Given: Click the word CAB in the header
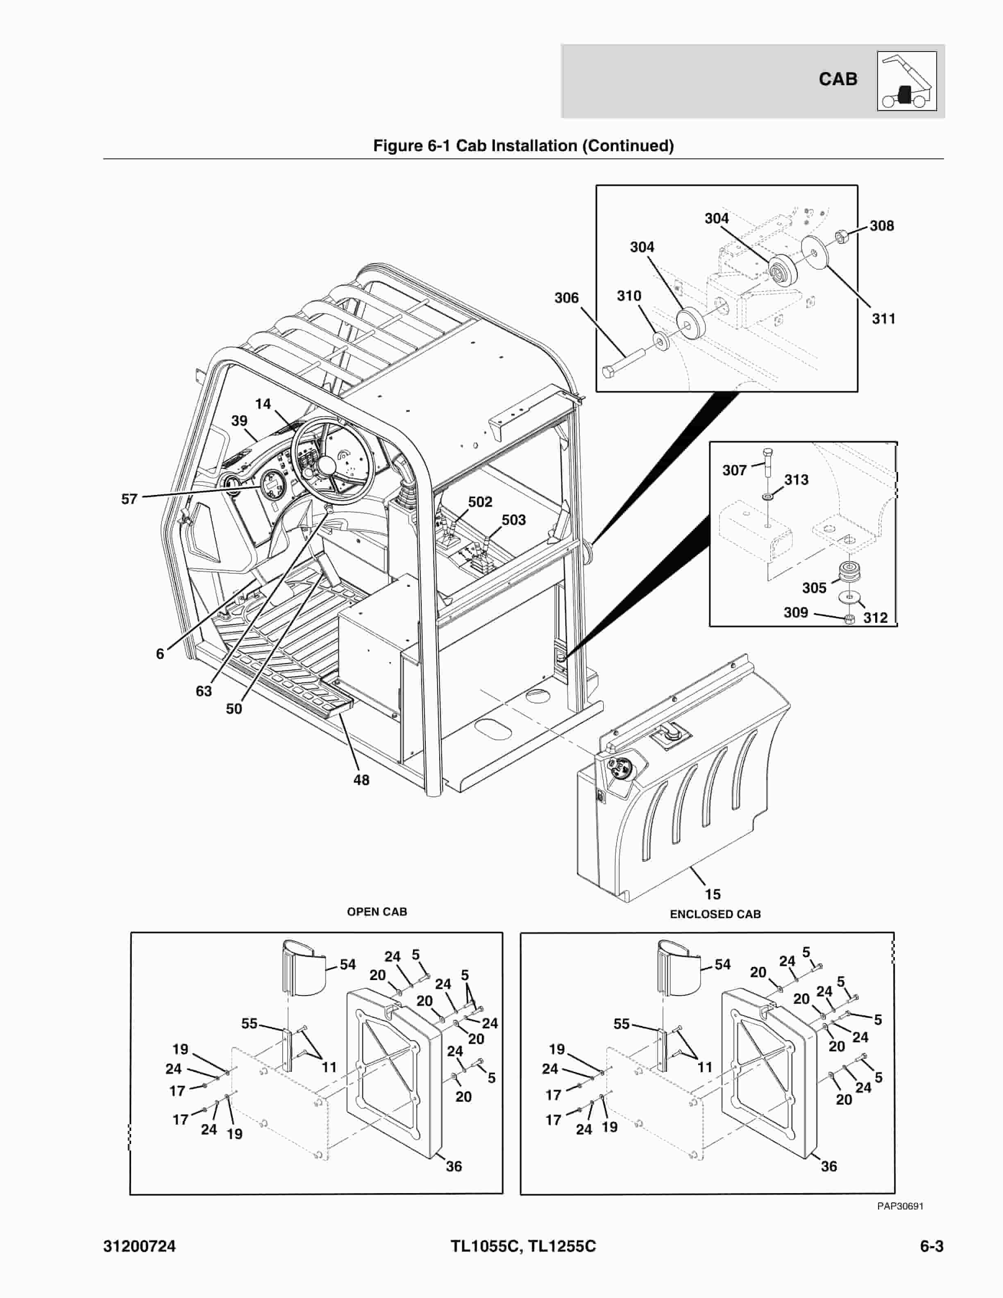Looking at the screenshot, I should click(838, 79).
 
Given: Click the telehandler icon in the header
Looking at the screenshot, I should click(906, 82).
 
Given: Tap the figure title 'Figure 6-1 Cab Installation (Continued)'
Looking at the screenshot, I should click(523, 145).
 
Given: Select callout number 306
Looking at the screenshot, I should click(566, 298).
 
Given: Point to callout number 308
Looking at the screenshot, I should click(881, 226).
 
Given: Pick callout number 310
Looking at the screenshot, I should click(629, 296).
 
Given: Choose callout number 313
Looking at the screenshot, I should click(796, 480).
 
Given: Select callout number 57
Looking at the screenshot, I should click(129, 499).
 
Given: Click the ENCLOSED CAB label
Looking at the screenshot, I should click(715, 914).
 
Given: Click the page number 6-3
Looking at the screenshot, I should click(931, 1246).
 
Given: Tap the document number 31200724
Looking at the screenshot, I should click(140, 1246).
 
